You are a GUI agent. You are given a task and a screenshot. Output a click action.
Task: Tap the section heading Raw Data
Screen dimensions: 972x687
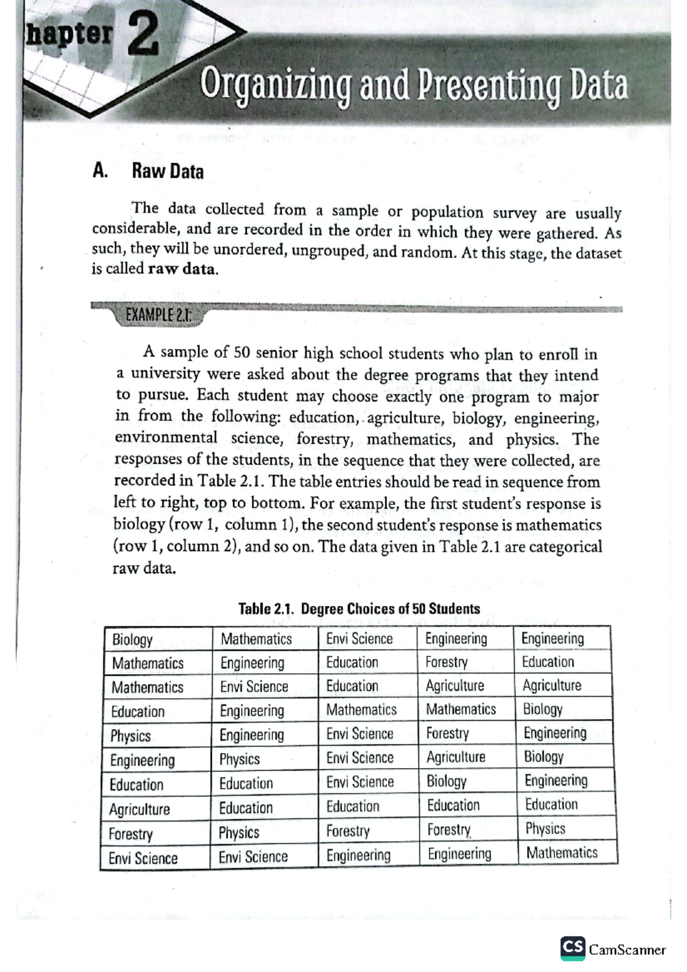coord(168,171)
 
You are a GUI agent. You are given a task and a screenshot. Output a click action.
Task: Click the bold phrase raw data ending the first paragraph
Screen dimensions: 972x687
coord(183,269)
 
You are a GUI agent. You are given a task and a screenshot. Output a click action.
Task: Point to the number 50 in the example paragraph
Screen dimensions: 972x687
coord(242,353)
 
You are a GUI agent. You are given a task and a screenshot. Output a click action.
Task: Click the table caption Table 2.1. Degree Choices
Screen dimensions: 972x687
coord(359,609)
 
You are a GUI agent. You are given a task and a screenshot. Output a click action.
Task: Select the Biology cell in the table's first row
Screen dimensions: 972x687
coord(132,639)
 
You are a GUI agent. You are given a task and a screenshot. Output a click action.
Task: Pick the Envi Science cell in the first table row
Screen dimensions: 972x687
coord(360,639)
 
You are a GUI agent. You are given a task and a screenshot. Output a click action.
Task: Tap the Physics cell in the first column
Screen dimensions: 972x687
coord(131,736)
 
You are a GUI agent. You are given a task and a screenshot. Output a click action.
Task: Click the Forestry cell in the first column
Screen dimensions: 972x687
coord(131,834)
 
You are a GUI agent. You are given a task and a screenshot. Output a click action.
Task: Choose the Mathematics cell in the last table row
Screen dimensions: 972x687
coord(562,853)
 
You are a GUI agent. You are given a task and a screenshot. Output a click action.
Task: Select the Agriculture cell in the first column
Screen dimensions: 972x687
coord(139,809)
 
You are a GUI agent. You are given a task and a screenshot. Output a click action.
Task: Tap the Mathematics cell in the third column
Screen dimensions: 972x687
coord(361,710)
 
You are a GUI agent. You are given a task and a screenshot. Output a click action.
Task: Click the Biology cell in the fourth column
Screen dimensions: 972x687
coord(447,781)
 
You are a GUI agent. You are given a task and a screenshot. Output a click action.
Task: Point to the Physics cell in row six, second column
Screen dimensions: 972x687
coord(239,760)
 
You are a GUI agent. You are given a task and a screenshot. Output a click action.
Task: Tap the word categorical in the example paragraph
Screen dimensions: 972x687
coord(565,547)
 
